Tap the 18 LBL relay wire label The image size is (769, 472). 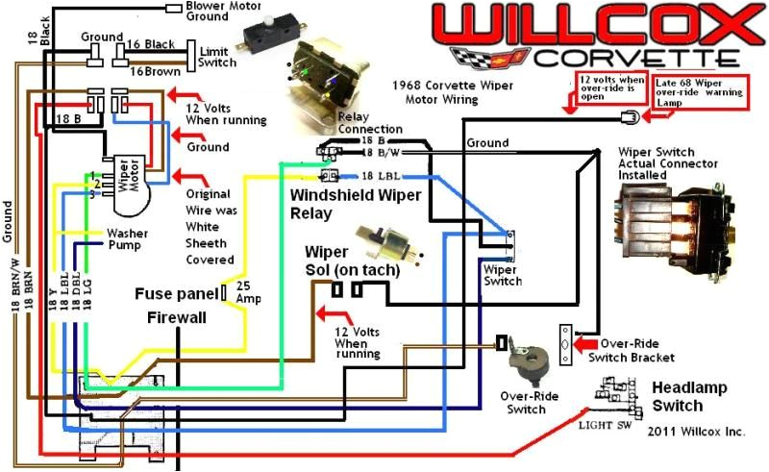380,176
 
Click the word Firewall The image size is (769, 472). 176,316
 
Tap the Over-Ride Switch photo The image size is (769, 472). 527,360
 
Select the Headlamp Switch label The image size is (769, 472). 690,395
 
